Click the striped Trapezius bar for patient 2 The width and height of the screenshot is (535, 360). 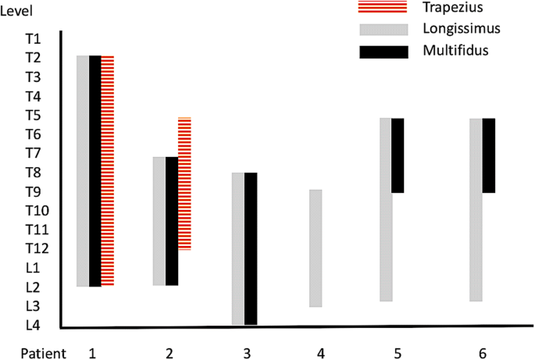click(x=184, y=184)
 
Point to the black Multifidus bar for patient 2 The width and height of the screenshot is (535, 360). click(x=172, y=221)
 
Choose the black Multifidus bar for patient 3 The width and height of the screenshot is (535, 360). click(x=251, y=248)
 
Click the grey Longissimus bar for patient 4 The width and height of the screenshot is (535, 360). click(x=316, y=248)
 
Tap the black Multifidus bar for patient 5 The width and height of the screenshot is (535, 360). click(x=398, y=155)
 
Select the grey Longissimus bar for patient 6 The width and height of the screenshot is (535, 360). click(x=476, y=209)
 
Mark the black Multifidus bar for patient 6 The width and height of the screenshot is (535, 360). click(x=489, y=155)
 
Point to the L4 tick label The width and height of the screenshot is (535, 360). click(x=34, y=326)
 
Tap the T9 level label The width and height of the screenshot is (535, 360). click(x=34, y=191)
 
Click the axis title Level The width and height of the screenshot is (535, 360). click(x=16, y=9)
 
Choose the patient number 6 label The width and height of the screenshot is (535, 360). click(x=483, y=353)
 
